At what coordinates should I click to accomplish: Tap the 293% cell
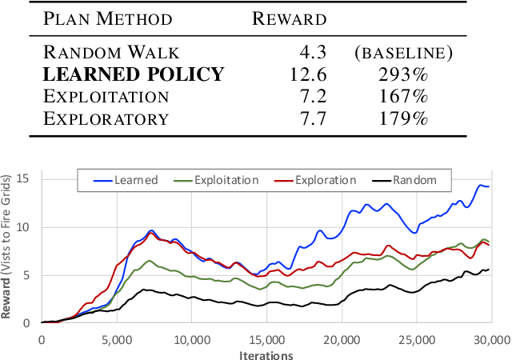[402, 75]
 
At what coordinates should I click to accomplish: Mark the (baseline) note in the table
[403, 54]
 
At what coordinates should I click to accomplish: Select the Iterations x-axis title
[266, 354]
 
